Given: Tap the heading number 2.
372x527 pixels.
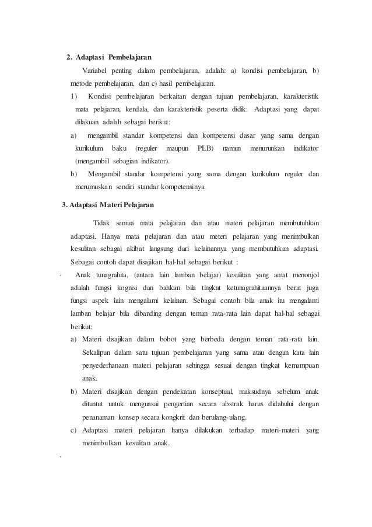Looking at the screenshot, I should coord(69,57).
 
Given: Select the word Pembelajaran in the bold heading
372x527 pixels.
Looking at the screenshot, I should coord(129,57).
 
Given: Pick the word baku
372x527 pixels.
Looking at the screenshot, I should coord(123,148).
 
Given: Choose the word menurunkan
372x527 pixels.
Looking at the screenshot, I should coord(268,148).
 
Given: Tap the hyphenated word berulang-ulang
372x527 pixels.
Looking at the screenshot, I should coord(224,417).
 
